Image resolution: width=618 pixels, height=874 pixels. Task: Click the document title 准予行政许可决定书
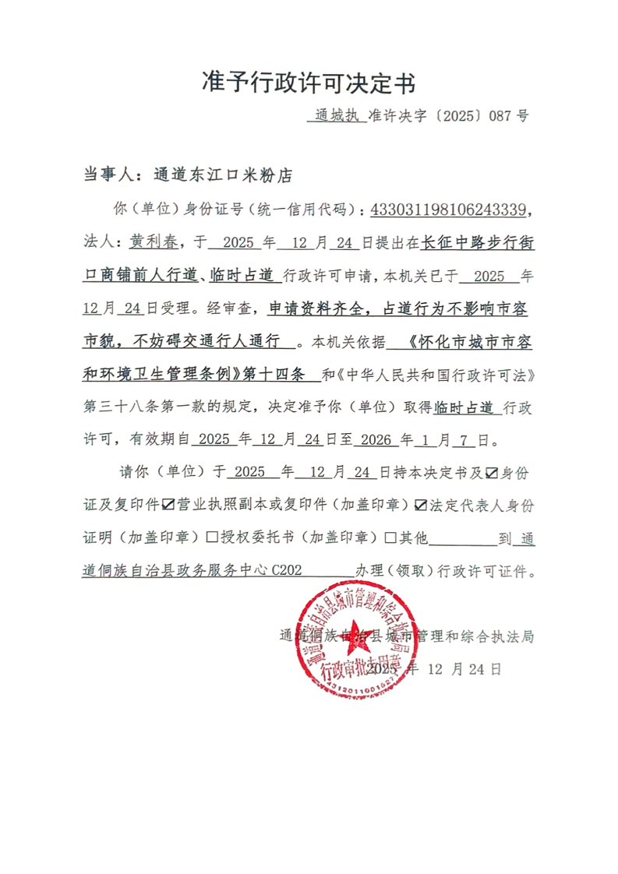(x=309, y=80)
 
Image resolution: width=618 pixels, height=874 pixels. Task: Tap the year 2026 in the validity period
(x=374, y=439)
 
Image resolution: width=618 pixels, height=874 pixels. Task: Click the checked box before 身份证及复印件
(x=493, y=472)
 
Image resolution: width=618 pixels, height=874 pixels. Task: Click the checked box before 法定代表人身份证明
(x=422, y=505)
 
